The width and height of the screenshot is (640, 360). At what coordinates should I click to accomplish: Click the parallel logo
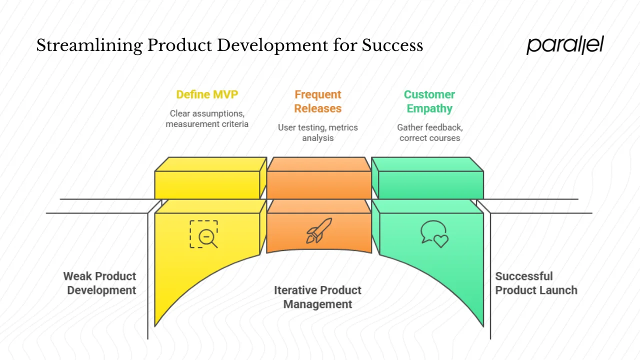click(565, 45)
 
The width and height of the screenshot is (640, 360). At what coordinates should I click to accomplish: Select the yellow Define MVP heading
click(207, 94)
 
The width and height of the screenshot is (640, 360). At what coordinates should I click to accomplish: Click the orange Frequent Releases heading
click(317, 101)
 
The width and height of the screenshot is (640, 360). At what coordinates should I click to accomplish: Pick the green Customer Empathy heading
click(429, 101)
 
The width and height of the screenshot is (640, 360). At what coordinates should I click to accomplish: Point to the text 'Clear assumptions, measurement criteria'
click(207, 118)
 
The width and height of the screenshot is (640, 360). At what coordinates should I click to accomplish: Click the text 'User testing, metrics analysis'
click(317, 132)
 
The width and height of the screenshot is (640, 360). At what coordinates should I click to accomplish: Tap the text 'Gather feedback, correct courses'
click(429, 132)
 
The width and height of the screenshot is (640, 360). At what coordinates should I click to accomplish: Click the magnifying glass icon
click(204, 234)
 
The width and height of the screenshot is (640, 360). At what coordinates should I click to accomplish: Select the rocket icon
click(318, 230)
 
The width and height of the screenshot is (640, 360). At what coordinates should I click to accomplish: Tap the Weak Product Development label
click(100, 283)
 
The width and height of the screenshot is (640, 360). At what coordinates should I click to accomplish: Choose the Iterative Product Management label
click(317, 297)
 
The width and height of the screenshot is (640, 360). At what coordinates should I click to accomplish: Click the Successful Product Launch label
click(536, 283)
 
